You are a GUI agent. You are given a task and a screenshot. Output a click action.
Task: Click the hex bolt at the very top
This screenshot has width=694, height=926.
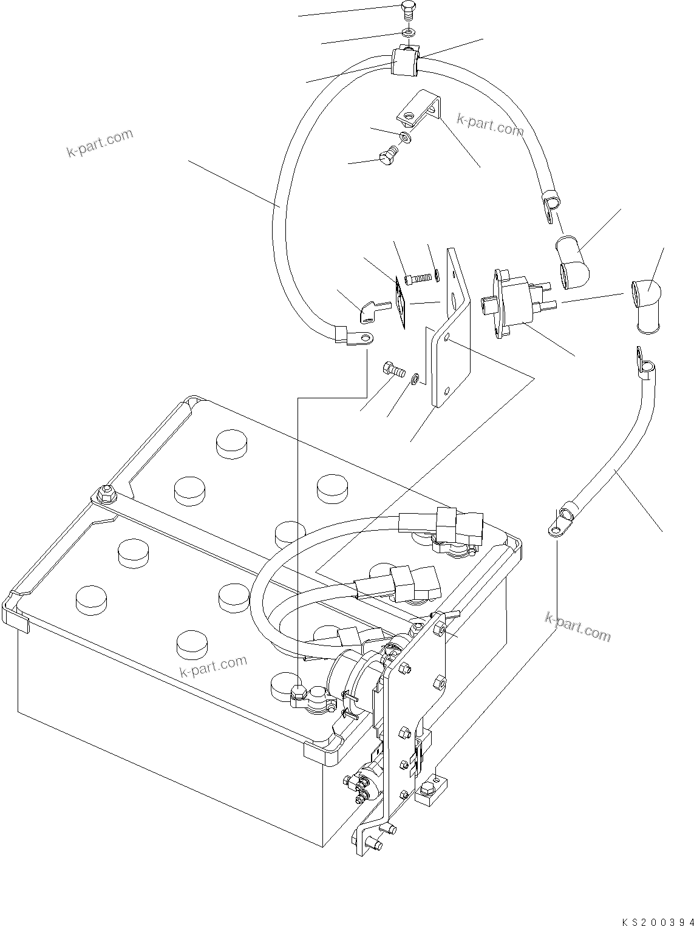pyautogui.click(x=409, y=10)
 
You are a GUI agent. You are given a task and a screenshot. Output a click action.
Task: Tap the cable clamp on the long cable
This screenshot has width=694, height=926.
pyautogui.click(x=403, y=62)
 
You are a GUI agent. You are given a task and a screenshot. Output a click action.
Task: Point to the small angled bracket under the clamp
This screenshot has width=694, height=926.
pyautogui.click(x=423, y=108)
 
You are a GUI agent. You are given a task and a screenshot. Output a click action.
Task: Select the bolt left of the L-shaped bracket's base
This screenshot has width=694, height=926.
pyautogui.click(x=393, y=369)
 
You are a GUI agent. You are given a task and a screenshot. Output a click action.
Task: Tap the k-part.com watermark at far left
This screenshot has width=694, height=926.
pyautogui.click(x=100, y=143)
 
